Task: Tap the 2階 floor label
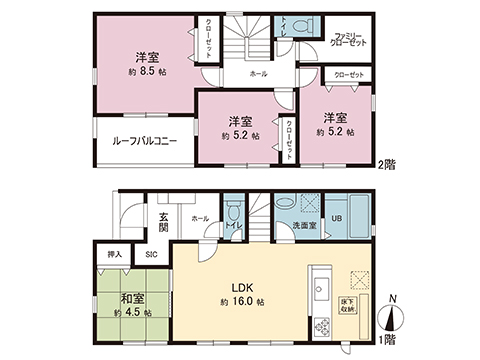[x=385, y=163]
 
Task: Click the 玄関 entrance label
[x=163, y=220]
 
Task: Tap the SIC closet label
[x=151, y=255]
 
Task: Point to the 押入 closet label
[x=114, y=255]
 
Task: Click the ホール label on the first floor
[x=198, y=218]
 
